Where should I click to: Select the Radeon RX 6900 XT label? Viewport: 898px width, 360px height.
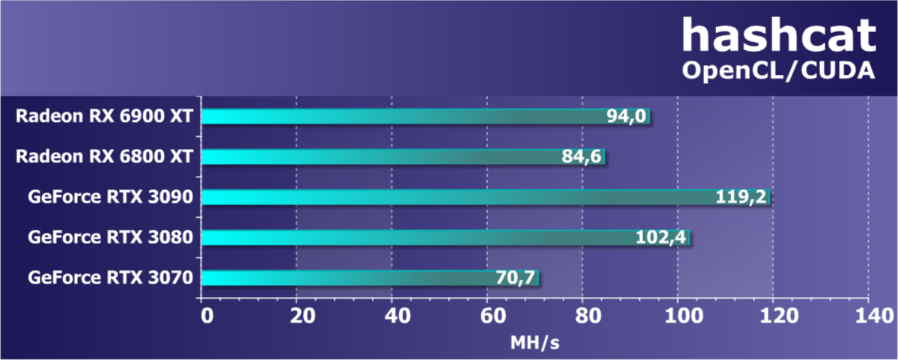[106, 116]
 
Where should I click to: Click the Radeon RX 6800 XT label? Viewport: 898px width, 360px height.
[106, 156]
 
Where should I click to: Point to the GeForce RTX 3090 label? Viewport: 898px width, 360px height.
[112, 197]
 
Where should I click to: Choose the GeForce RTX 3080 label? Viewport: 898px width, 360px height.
[112, 237]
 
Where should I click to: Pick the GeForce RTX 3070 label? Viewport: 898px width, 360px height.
[112, 278]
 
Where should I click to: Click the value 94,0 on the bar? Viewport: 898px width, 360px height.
[627, 117]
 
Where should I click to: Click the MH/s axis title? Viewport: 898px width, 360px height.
[535, 343]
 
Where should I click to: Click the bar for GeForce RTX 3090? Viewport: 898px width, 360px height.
[449, 197]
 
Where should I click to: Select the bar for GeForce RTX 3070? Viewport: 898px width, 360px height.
[344, 278]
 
